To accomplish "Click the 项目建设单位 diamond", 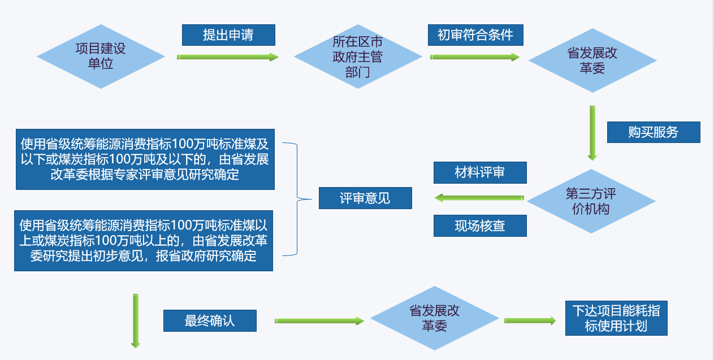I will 101,57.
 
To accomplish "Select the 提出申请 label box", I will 228,35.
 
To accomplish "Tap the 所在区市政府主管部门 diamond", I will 357,57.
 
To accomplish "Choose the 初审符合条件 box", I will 475,35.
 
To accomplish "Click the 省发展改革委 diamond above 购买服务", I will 592,60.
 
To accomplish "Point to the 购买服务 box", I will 653,132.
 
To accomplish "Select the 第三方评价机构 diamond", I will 591,201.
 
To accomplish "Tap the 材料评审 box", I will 480,172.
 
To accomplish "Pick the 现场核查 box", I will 480,226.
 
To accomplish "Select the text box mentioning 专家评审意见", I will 145,159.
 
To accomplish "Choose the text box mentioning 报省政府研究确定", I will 144,241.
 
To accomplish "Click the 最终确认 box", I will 210,321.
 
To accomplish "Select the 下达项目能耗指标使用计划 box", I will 616,318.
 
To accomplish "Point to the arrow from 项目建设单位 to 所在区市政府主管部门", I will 228,57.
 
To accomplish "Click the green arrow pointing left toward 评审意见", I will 479,198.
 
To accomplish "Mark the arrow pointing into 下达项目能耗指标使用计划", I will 530,320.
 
